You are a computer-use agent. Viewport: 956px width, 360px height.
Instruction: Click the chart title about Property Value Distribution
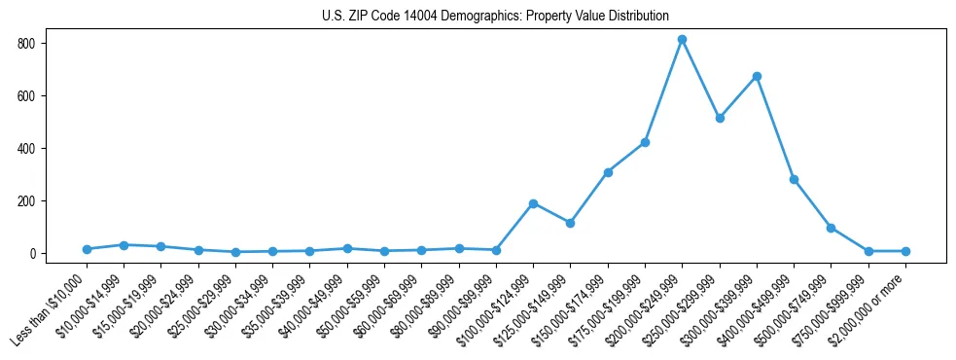495,16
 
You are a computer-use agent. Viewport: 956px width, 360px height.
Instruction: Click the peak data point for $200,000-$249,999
683,40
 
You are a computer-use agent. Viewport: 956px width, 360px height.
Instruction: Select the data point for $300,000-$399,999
757,76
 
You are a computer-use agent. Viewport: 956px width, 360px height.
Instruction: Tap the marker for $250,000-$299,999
720,118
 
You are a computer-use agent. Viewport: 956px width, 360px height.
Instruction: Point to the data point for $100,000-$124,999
533,203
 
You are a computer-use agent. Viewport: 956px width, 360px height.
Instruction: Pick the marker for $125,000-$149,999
571,223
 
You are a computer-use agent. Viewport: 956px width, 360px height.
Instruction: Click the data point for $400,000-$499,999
795,180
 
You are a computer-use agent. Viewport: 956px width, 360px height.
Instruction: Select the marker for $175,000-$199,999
645,143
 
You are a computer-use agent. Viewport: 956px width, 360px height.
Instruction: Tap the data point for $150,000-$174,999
608,172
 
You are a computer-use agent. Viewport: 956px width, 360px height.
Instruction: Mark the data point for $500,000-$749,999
832,228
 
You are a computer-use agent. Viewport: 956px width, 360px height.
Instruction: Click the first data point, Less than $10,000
87,249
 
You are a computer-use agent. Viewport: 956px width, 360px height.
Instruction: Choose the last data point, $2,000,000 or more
905,251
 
